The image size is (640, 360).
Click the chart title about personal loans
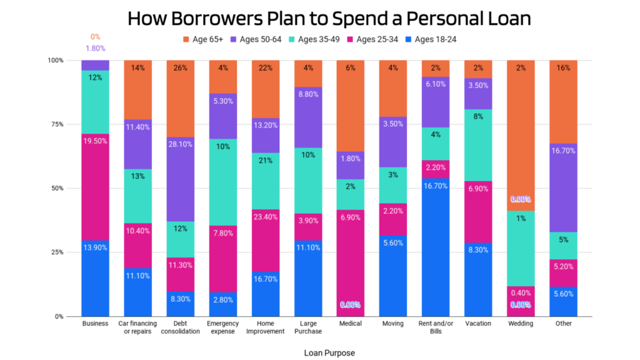[329, 18]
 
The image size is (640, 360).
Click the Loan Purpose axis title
[329, 353]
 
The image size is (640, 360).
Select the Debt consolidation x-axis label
[180, 327]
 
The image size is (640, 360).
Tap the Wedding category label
[521, 324]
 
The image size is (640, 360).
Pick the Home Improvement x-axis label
[265, 327]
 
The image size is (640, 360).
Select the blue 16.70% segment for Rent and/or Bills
[436, 247]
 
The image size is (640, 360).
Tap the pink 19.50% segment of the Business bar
[95, 187]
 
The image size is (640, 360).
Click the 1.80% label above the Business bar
[95, 48]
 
